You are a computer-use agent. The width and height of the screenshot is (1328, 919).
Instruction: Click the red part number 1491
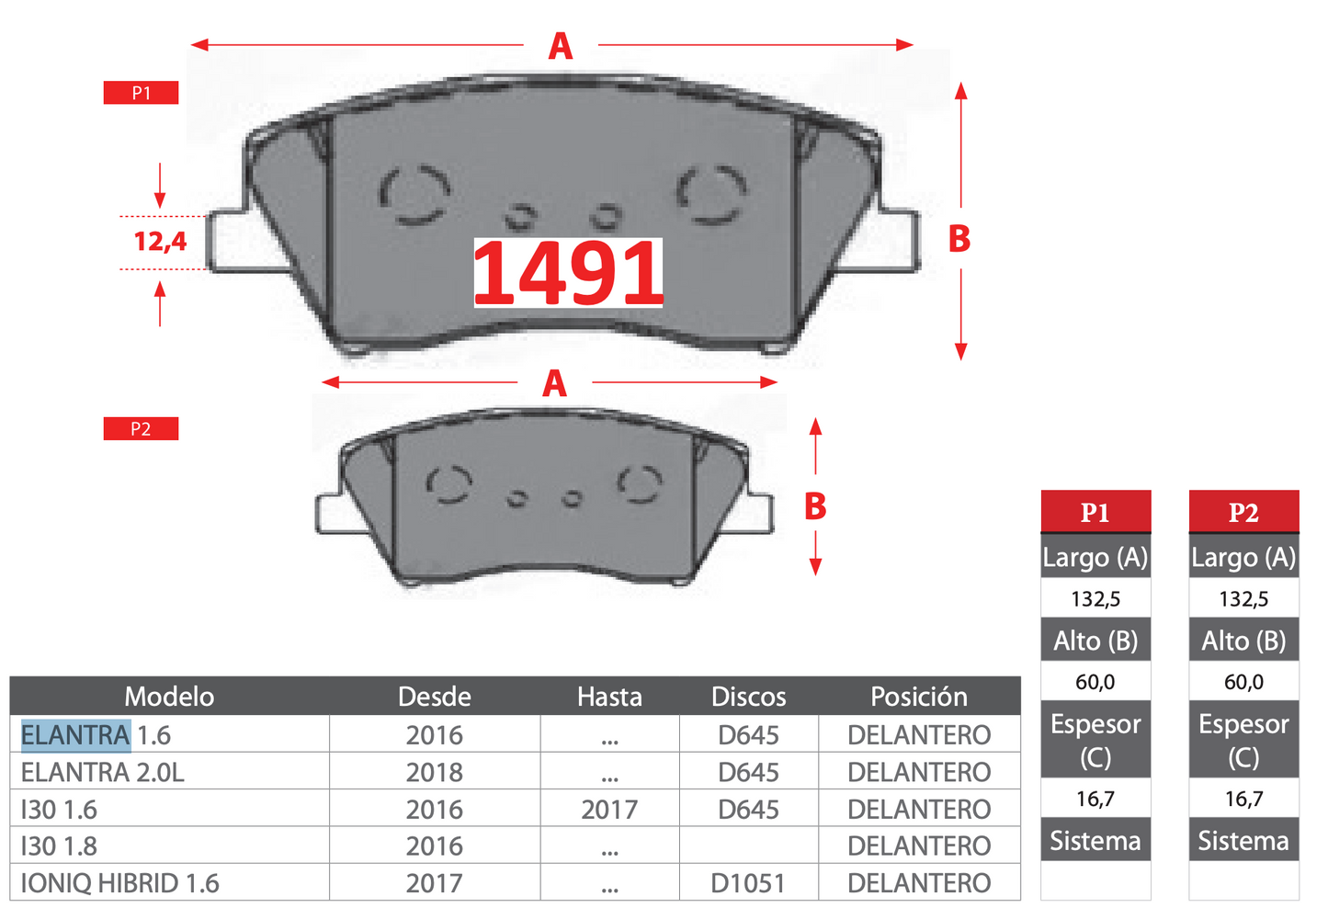(x=568, y=273)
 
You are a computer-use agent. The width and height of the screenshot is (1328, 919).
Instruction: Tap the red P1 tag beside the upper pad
(x=142, y=93)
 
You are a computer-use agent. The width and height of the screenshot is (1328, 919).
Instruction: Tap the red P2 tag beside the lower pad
(x=142, y=428)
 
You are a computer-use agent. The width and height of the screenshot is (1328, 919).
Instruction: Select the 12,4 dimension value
(x=160, y=242)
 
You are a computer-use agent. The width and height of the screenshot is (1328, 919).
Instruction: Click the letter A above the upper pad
(x=561, y=46)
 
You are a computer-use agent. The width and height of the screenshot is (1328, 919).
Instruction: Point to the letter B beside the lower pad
(x=815, y=505)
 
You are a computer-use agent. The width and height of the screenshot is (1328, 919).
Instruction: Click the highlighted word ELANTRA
(x=76, y=735)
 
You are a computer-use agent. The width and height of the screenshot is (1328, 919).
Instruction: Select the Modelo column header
(x=169, y=697)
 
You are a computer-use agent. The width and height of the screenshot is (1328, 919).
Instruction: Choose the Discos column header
(x=749, y=697)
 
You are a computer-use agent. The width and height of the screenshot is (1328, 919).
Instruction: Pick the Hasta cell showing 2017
(x=609, y=810)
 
